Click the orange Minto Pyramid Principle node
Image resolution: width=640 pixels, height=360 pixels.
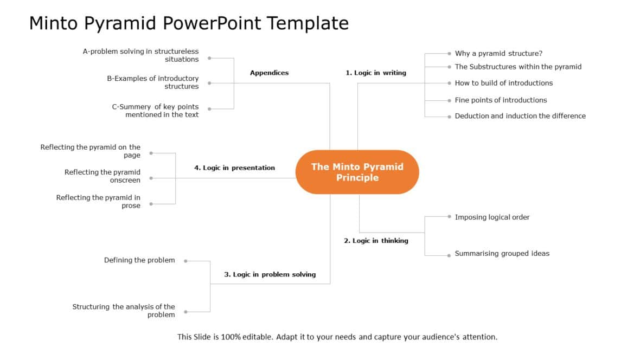pos(357,172)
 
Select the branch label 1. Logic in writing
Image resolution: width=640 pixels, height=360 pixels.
pos(376,73)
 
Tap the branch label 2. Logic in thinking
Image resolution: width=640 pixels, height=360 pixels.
pos(376,241)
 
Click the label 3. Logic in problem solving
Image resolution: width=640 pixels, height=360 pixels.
pos(270,274)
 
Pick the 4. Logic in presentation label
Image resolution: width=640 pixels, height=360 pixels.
pos(234,168)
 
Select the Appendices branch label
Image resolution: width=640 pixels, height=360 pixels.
pos(269,73)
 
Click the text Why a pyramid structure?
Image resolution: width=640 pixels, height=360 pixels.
pos(498,54)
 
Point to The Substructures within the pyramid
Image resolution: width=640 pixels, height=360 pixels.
pos(518,67)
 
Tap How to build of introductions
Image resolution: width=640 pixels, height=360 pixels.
pos(504,83)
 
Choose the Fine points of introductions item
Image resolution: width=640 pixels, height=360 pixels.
pos(501,100)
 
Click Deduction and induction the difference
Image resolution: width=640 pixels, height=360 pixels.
pos(520,116)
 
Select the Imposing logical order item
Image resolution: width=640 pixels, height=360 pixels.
pos(492,217)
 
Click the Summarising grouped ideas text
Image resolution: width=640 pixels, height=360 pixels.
pos(502,254)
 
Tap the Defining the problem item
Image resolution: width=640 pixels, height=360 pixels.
pos(139,260)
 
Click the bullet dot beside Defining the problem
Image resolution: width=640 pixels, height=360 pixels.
pos(185,261)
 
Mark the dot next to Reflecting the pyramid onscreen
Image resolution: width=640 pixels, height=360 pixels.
pos(151,178)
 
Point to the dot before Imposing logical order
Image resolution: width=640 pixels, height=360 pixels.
pos(449,216)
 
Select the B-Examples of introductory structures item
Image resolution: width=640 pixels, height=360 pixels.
pos(153,82)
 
